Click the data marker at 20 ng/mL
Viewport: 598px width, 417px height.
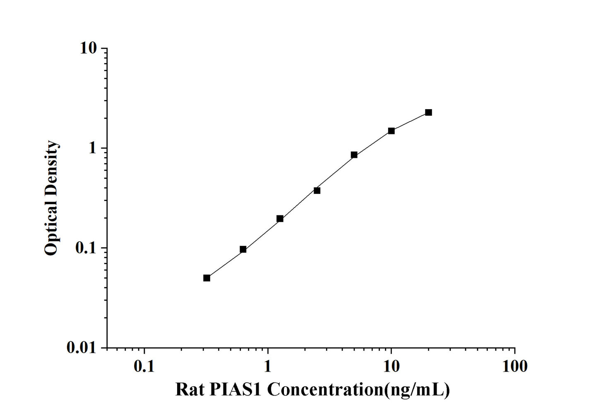[428, 112]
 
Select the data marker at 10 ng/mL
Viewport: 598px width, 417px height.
[391, 131]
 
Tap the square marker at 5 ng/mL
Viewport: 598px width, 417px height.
[354, 155]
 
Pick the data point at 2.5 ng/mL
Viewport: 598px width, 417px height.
[317, 191]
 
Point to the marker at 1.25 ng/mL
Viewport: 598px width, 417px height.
[280, 219]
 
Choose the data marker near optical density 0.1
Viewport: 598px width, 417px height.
[243, 249]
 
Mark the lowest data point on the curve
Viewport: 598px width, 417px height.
[207, 278]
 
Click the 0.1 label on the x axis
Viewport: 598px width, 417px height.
[144, 366]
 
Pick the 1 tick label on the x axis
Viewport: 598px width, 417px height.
[268, 366]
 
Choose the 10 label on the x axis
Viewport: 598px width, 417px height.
[391, 366]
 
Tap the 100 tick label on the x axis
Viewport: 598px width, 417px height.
[514, 366]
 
